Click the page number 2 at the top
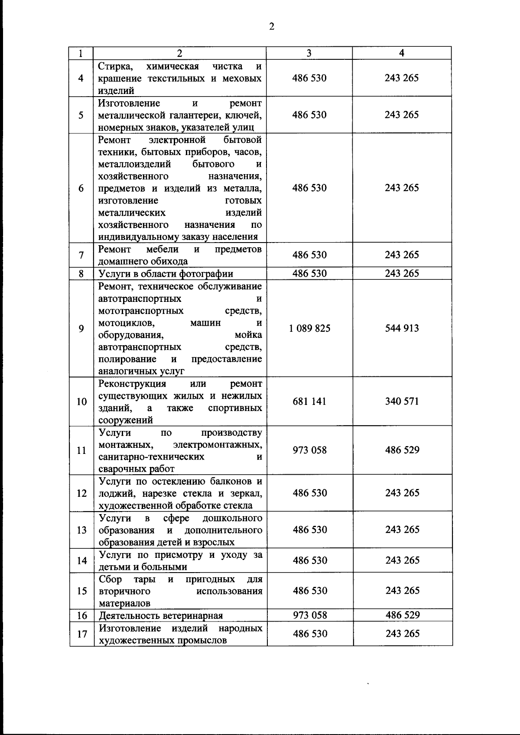tap(272, 27)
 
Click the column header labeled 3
tap(309, 53)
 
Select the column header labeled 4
tap(402, 53)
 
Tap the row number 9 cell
tap(81, 329)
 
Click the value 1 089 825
tap(309, 329)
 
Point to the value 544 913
tap(402, 328)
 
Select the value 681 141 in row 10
tap(309, 401)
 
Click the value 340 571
tap(402, 401)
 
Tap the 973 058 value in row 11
tap(310, 450)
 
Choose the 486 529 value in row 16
tap(403, 615)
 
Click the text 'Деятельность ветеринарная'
tap(161, 616)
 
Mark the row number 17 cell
tap(82, 634)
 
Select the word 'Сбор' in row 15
tap(110, 580)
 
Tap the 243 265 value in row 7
tap(402, 255)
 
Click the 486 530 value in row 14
tap(310, 560)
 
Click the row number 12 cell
tap(82, 493)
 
